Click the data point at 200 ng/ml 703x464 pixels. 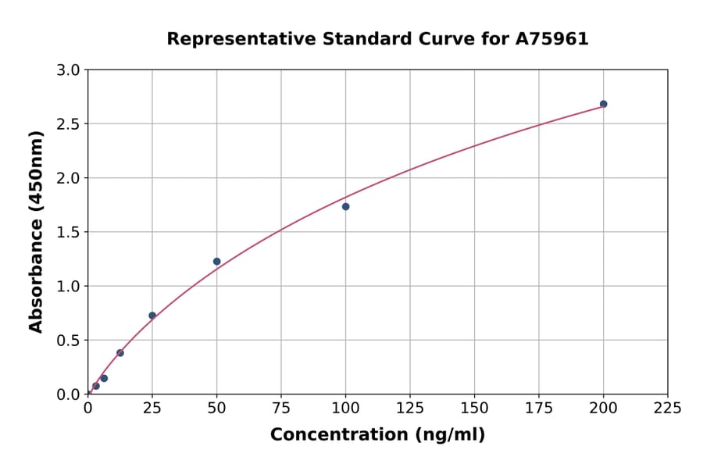point(603,104)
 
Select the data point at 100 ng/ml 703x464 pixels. point(345,206)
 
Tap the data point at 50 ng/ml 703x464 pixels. point(216,262)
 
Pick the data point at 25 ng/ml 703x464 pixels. point(152,316)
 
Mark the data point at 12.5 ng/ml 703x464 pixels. point(120,353)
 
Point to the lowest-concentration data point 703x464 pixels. point(96,386)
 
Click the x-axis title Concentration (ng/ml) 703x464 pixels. point(377,435)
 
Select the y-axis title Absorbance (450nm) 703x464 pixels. point(36,231)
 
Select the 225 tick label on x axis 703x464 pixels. point(667,408)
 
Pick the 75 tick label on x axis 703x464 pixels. point(281,408)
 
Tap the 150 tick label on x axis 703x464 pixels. point(474,408)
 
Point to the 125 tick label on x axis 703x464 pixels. point(410,408)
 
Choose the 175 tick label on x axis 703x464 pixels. point(538,408)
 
